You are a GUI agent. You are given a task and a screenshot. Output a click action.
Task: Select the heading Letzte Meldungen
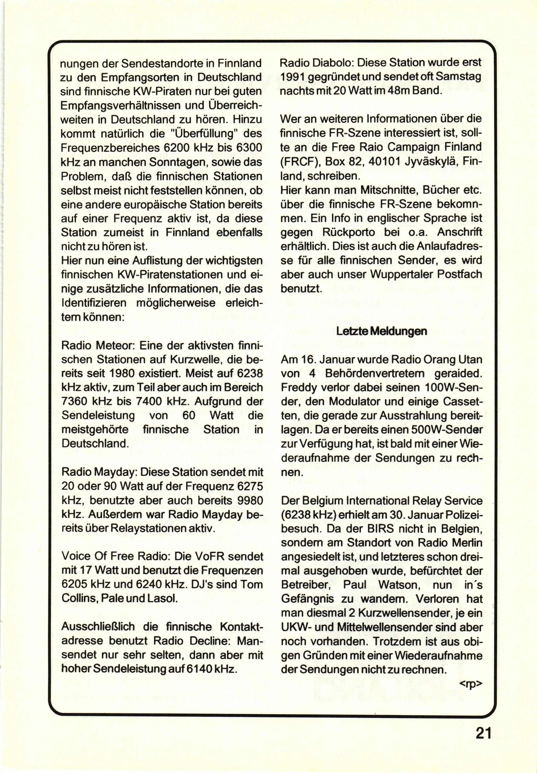382,331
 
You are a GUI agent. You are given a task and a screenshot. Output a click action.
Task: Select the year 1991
293,77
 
